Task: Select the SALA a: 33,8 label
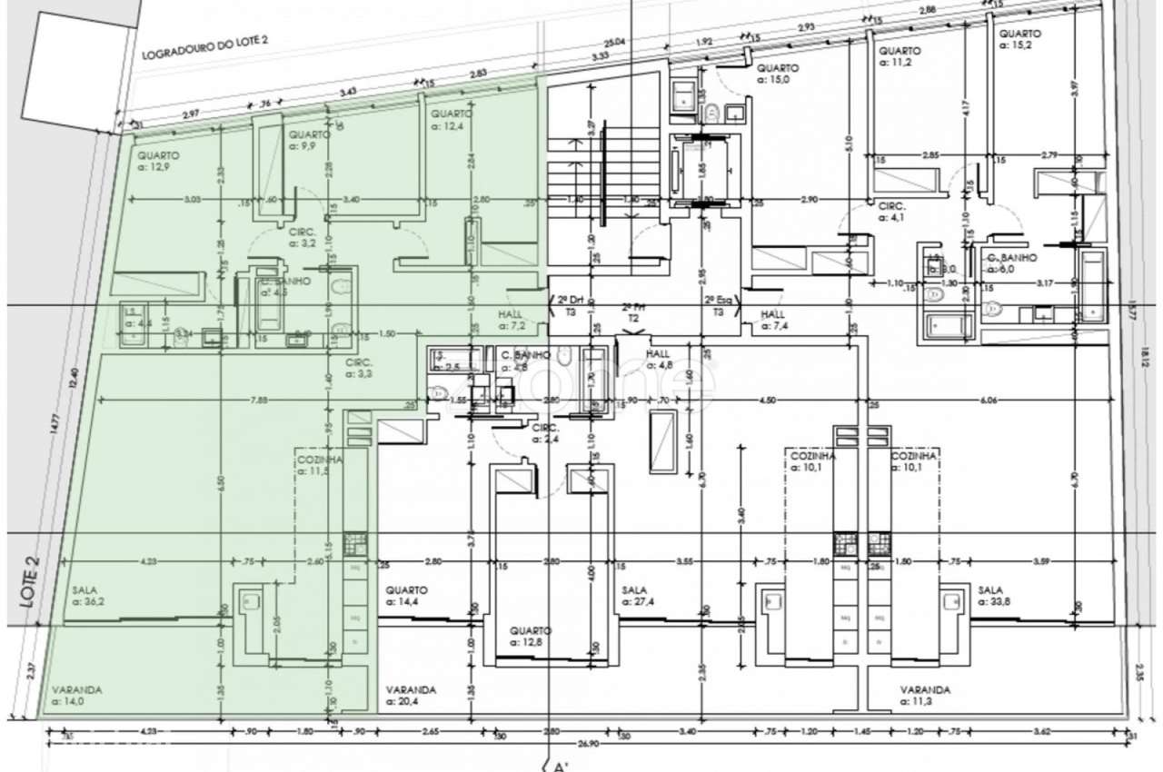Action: (994, 595)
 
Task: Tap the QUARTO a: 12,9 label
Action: (157, 161)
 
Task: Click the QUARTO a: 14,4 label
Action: (405, 595)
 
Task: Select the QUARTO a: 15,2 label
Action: (1019, 39)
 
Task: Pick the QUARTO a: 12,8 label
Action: (530, 635)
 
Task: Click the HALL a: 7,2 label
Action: (512, 319)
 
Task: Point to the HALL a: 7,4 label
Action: (778, 319)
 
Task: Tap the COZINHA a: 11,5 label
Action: (320, 465)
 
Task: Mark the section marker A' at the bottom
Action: (560, 766)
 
